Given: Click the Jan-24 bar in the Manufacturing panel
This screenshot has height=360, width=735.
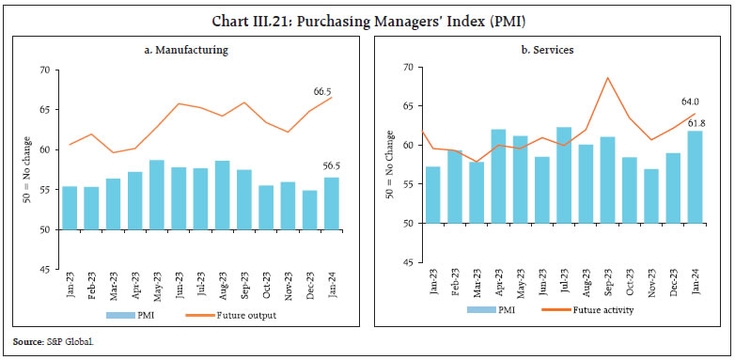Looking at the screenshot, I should [331, 203].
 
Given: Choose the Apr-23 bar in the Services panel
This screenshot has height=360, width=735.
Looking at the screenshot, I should [499, 176].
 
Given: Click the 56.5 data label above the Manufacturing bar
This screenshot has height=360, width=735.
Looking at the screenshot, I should [336, 165].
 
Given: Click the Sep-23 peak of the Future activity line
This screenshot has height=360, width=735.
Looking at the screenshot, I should [608, 78].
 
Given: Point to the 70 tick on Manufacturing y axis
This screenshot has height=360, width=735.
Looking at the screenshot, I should [44, 70].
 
